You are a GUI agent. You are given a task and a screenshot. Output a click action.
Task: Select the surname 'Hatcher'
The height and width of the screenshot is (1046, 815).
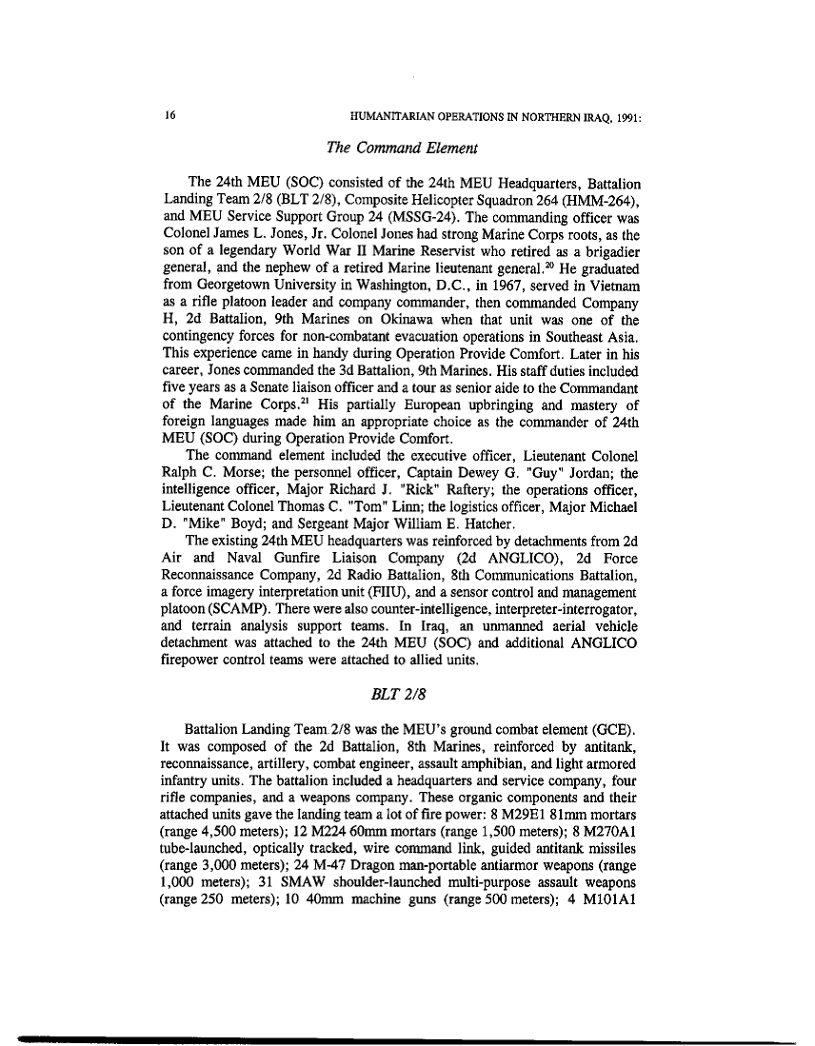point(487,523)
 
